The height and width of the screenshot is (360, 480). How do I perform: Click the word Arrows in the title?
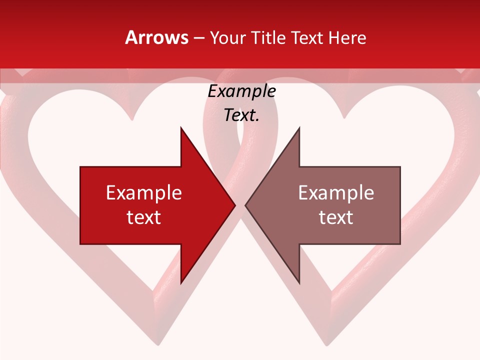pyautogui.click(x=156, y=37)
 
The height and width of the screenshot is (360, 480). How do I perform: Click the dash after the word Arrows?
pyautogui.click(x=199, y=38)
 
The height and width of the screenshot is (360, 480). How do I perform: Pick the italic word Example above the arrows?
pyautogui.click(x=241, y=91)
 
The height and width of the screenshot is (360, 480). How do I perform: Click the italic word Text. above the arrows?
pyautogui.click(x=241, y=115)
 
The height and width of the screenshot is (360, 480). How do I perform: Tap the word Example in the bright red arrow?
pyautogui.click(x=144, y=192)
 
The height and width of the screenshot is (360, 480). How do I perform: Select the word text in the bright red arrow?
pyautogui.click(x=144, y=217)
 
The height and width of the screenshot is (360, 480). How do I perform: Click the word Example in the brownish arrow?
pyautogui.click(x=336, y=192)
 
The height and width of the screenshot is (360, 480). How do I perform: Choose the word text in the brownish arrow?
pyautogui.click(x=336, y=217)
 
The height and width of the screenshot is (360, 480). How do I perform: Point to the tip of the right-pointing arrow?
pyautogui.click(x=235, y=205)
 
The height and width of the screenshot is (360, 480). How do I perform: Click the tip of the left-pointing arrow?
pyautogui.click(x=245, y=205)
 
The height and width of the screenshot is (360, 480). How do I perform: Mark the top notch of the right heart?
pyautogui.click(x=344, y=118)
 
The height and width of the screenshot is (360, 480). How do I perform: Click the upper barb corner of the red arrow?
pyautogui.click(x=181, y=127)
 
